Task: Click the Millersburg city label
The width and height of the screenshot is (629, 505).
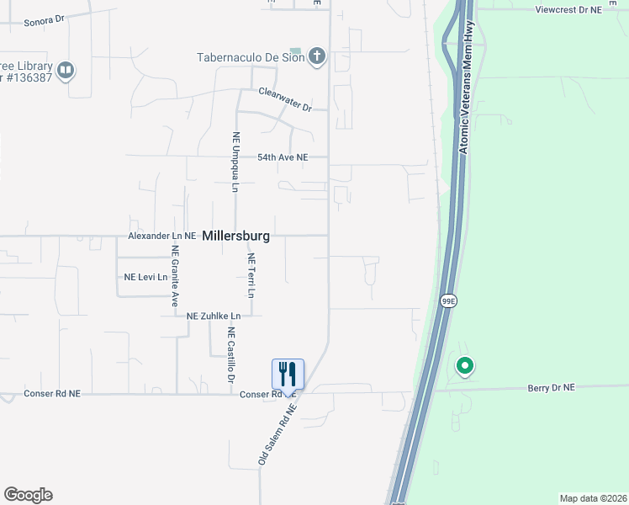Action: click(x=236, y=237)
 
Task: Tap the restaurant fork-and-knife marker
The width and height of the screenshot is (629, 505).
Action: click(x=288, y=374)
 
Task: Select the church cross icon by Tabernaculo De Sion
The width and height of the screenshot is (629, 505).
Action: click(x=317, y=57)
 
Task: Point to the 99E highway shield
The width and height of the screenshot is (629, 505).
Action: click(x=448, y=300)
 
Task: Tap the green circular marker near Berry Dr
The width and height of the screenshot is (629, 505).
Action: click(x=464, y=366)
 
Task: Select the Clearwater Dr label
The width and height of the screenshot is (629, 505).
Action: click(x=285, y=99)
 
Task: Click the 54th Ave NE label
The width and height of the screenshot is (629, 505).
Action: click(x=283, y=157)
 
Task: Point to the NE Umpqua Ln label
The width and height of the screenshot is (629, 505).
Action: click(x=236, y=162)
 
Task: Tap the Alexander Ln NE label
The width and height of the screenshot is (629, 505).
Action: click(x=161, y=237)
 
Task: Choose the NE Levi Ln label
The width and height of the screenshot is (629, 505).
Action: click(x=145, y=277)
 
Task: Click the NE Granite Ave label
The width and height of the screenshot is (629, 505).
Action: click(x=176, y=274)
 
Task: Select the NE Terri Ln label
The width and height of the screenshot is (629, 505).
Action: click(x=251, y=275)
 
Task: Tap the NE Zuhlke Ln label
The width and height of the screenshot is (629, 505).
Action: click(x=214, y=316)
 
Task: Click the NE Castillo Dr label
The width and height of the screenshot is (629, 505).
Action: click(x=230, y=356)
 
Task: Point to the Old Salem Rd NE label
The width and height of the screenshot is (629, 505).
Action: click(x=278, y=433)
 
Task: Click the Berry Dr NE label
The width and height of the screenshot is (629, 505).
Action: click(x=551, y=387)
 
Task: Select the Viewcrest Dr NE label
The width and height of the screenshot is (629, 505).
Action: click(x=569, y=9)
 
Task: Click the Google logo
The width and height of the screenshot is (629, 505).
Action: click(x=28, y=495)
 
